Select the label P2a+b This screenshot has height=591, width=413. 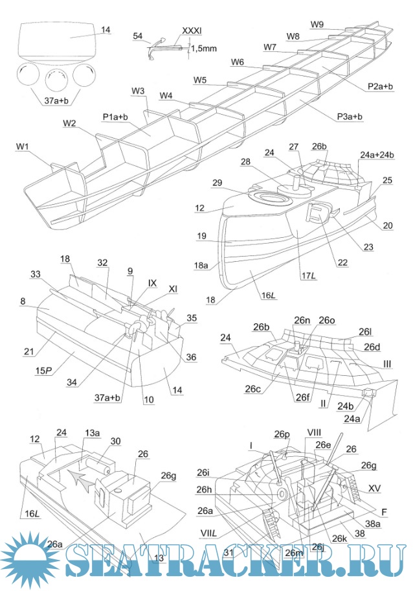pos(380,86)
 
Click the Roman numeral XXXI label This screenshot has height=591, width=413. pos(192,30)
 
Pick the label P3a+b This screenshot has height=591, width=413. pos(350,117)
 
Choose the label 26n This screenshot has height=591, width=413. pos(302,320)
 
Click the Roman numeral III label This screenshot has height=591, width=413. pos(386,366)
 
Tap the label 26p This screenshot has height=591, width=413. pos(282,434)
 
